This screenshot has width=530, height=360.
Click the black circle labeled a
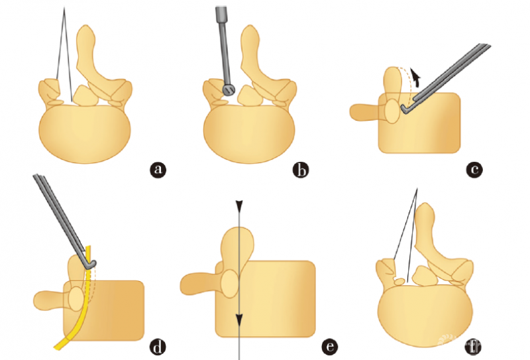[158, 170]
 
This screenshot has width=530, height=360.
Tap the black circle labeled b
[301, 170]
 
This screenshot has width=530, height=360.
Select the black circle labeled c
[474, 170]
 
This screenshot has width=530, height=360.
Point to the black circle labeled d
[158, 347]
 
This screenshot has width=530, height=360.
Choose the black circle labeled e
[329, 347]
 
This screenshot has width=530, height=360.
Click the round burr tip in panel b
[229, 90]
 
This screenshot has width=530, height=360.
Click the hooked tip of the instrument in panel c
[403, 108]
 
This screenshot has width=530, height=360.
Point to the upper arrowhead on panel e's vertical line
[239, 204]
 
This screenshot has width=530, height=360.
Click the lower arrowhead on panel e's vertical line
[239, 319]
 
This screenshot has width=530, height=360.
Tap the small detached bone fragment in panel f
[400, 281]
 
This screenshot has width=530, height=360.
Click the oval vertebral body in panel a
[85, 134]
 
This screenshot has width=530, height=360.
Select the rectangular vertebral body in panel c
[419, 123]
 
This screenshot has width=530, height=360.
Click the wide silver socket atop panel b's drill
[221, 13]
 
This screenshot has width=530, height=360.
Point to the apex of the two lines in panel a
[64, 7]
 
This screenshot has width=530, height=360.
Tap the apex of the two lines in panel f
[417, 188]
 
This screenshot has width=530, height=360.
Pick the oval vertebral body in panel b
[249, 134]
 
